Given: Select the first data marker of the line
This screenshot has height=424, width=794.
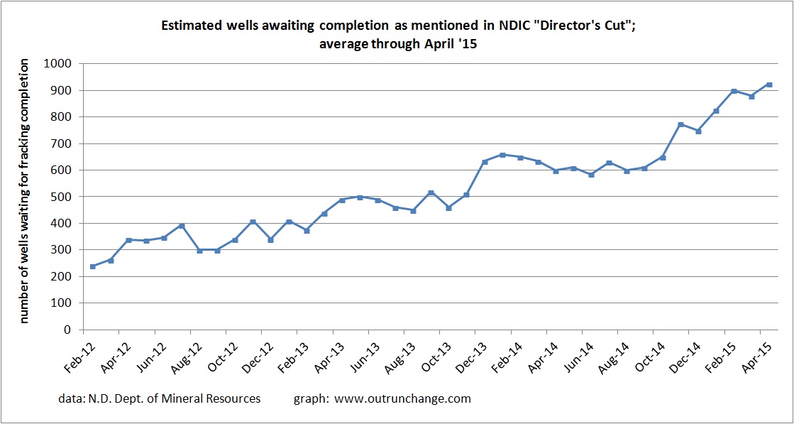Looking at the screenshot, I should pyautogui.click(x=93, y=266).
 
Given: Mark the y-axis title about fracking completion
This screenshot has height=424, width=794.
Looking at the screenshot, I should pyautogui.click(x=24, y=192).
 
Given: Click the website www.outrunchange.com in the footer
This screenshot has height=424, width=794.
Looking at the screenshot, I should pyautogui.click(x=403, y=399).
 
